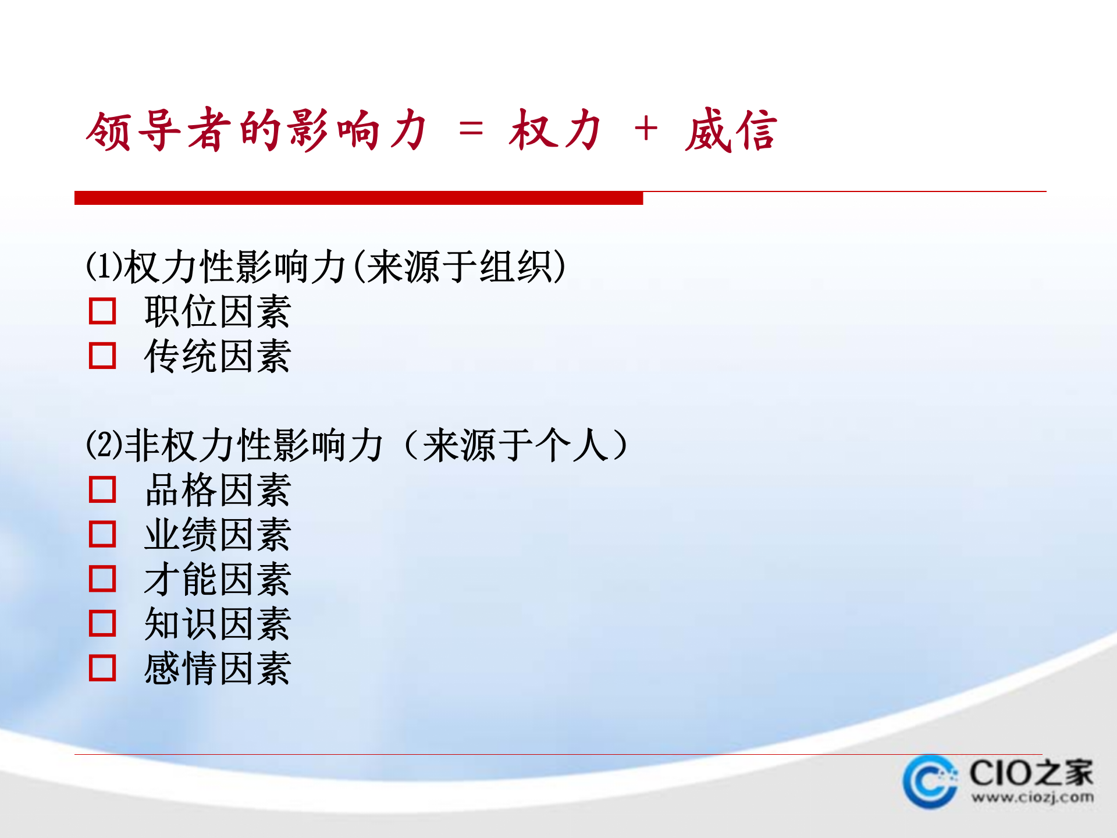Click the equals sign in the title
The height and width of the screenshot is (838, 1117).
(471, 129)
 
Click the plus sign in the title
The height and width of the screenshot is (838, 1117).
(646, 129)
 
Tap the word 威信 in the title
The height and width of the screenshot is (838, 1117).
(731, 130)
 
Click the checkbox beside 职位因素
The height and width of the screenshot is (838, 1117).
(102, 311)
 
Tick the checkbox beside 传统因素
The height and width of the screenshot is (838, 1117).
(102, 356)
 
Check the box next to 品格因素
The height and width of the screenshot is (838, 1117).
(102, 489)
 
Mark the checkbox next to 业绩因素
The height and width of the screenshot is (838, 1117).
(102, 534)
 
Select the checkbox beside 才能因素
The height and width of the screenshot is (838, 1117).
(102, 578)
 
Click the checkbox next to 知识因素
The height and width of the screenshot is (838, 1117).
(102, 623)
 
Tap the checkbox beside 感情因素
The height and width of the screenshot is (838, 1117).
(102, 668)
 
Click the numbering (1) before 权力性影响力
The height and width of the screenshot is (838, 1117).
(104, 266)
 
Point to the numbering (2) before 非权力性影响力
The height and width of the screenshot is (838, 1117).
(104, 445)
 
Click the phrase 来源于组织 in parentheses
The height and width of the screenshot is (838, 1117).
(460, 267)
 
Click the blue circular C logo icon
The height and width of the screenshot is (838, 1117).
(930, 782)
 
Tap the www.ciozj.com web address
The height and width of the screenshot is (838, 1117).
(1032, 797)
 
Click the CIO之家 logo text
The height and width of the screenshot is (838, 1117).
(1031, 773)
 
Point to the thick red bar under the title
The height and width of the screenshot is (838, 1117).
(358, 198)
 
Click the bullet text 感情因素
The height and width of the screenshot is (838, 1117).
(218, 668)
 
